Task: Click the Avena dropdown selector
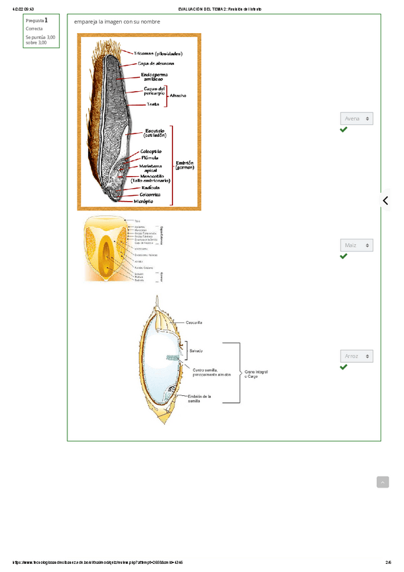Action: [356, 119]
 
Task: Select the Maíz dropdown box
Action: [356, 246]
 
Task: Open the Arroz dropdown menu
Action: [356, 356]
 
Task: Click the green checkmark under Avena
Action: [344, 130]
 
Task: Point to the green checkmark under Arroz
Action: [344, 368]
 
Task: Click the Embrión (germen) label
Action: [184, 166]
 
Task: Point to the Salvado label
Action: [196, 351]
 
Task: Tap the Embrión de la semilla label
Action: [200, 399]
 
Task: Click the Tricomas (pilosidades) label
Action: [158, 53]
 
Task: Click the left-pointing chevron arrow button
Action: [386, 200]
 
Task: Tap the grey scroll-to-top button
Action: [382, 482]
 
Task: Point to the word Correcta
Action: [34, 29]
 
